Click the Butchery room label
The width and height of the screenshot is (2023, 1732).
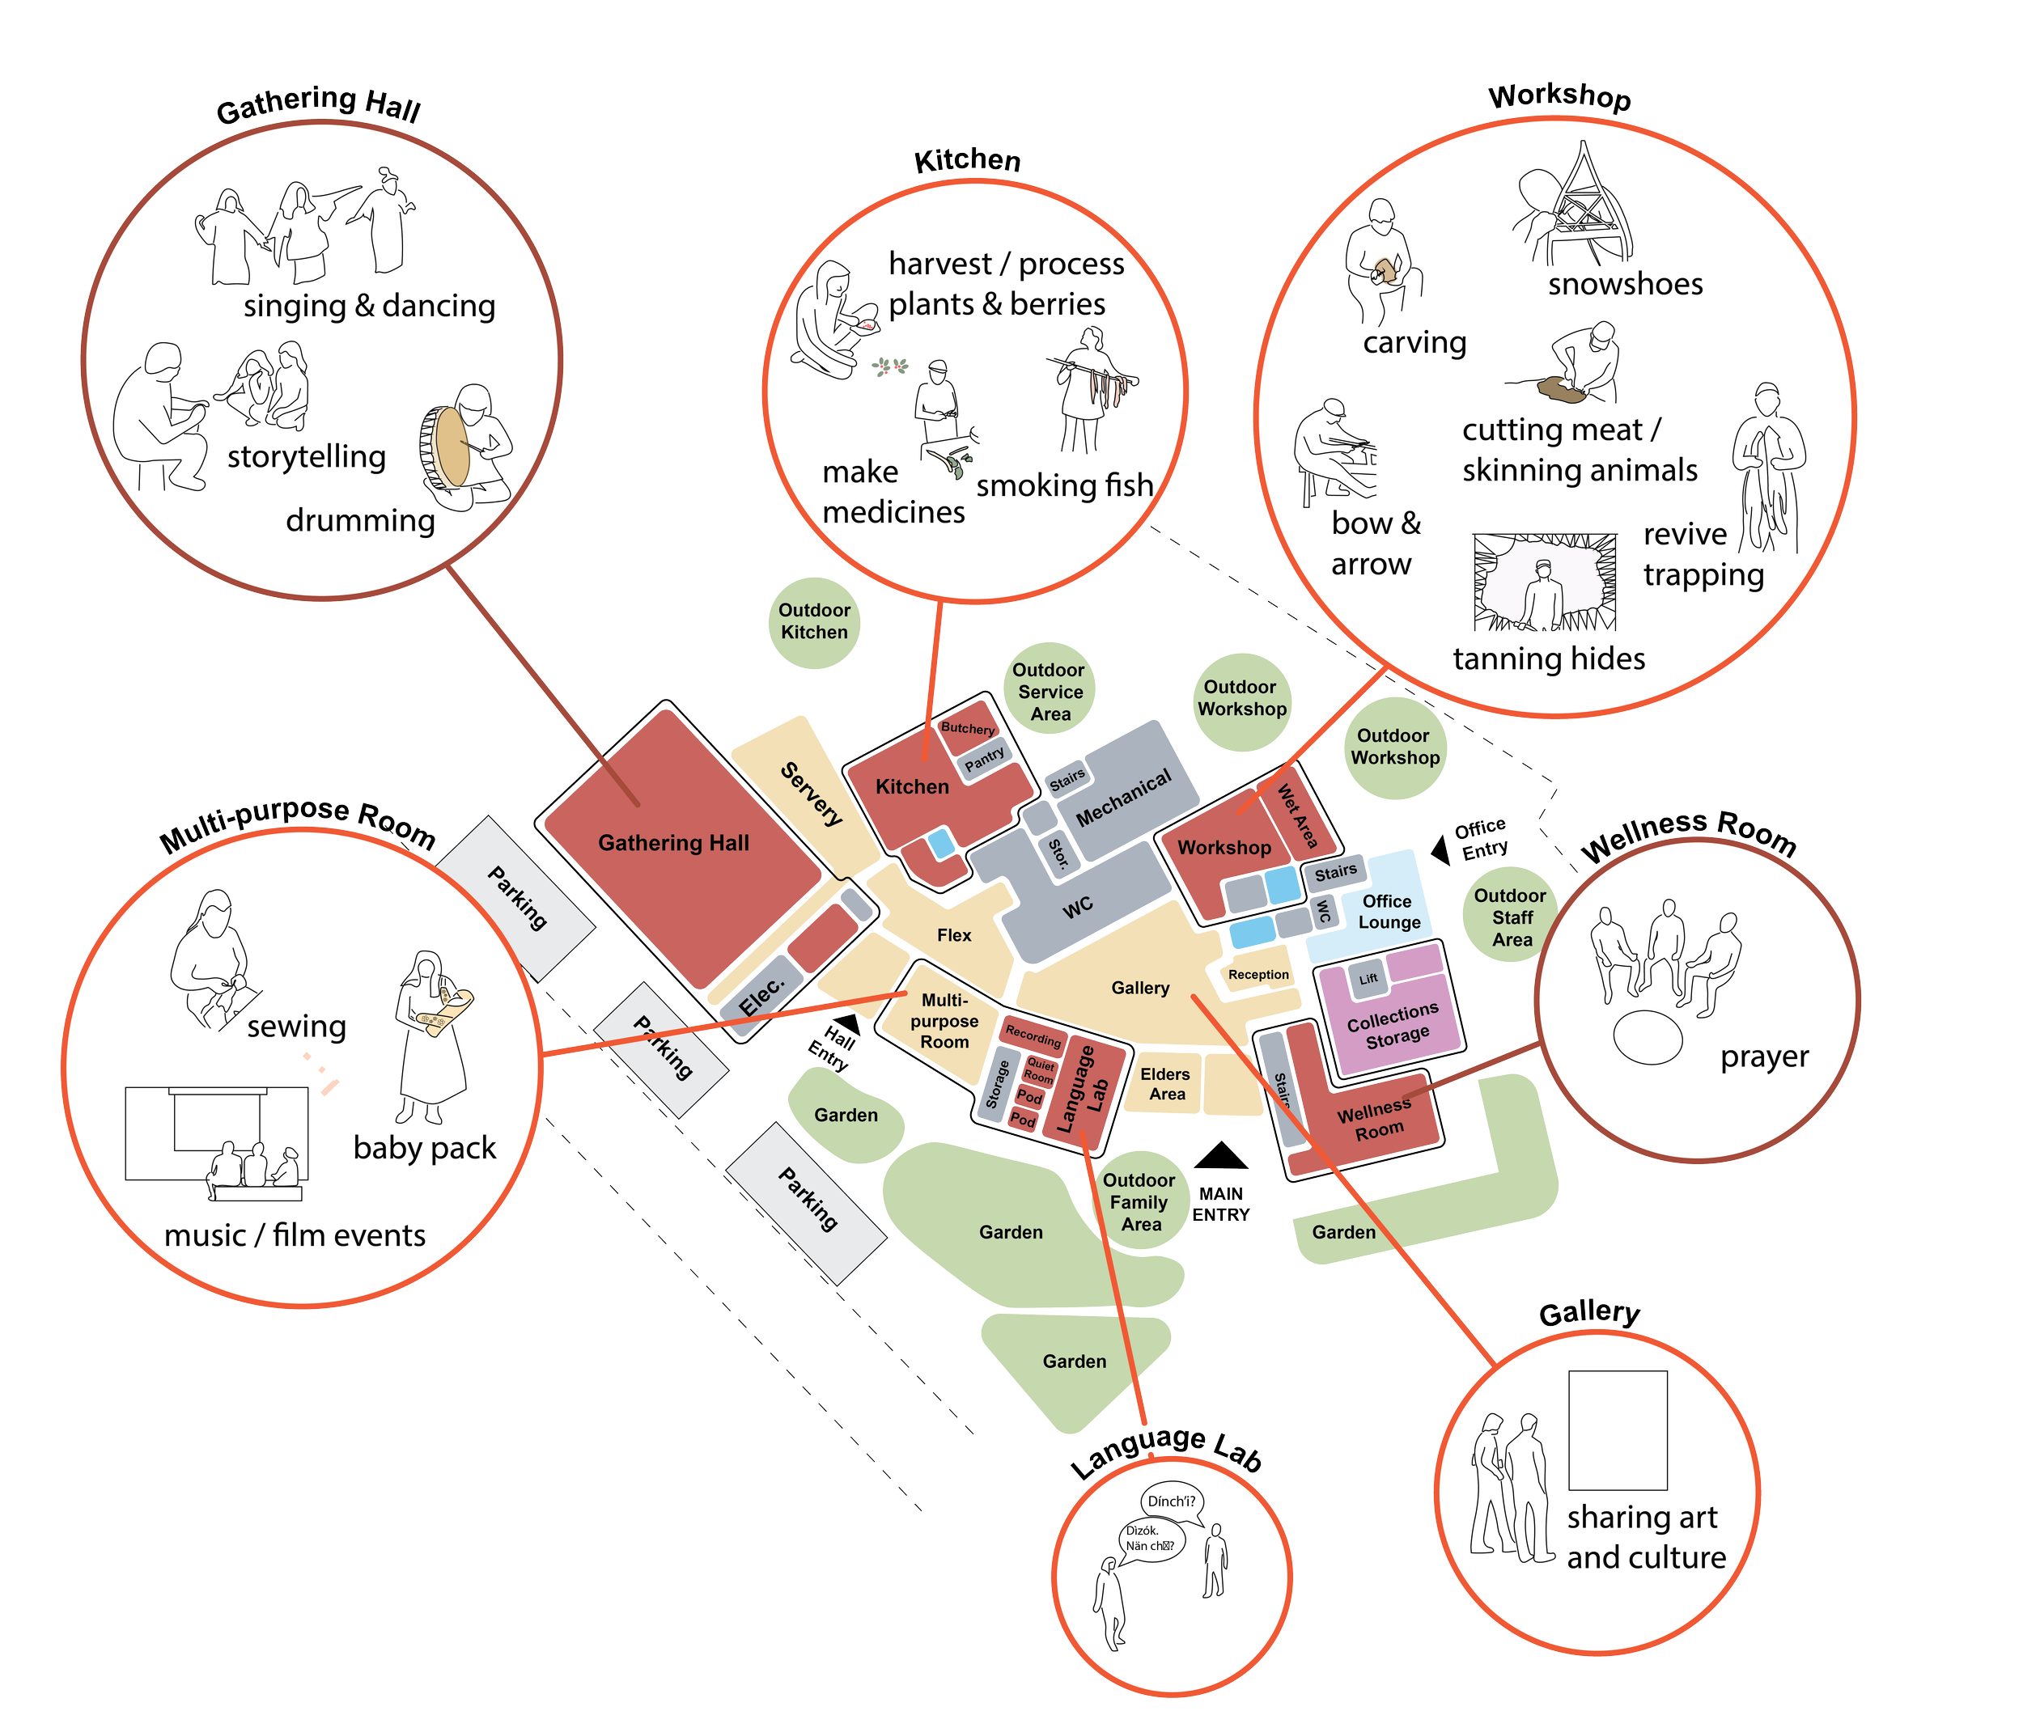click(x=968, y=728)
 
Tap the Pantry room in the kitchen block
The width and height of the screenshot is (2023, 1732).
click(x=984, y=758)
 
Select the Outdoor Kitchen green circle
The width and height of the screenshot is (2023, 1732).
click(x=814, y=622)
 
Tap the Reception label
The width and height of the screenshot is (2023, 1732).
click(x=1258, y=974)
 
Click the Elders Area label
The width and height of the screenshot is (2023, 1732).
click(x=1166, y=1084)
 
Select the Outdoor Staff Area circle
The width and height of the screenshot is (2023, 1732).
click(x=1511, y=917)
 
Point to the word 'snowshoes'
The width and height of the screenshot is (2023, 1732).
click(x=1625, y=284)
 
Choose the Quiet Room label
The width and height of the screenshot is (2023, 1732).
click(x=1040, y=1071)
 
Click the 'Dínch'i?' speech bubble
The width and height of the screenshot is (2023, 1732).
click(x=1172, y=1501)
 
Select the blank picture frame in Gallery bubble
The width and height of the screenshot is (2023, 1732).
click(x=1617, y=1429)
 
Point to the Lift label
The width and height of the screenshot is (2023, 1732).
click(x=1369, y=978)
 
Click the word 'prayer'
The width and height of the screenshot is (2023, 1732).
click(x=1764, y=1057)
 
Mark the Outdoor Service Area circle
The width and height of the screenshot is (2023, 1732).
click(x=1050, y=691)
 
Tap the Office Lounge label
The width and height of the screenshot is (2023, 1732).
click(x=1388, y=911)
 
